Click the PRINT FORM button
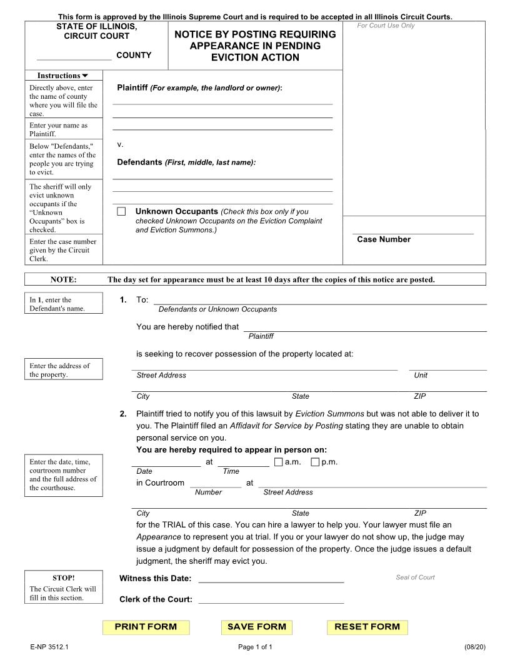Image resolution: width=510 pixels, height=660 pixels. point(146,627)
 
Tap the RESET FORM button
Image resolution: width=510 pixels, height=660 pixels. point(367,627)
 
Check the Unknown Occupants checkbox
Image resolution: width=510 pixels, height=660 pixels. point(121,212)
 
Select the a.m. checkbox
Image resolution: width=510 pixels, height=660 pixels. point(278,462)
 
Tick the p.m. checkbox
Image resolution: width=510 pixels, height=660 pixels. point(315,462)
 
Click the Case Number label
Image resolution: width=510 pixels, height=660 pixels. point(384,239)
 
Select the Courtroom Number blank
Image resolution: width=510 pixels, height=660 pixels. point(215,482)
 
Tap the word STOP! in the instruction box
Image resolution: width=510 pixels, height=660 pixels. point(63,577)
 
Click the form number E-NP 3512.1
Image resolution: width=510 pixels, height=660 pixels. point(48,647)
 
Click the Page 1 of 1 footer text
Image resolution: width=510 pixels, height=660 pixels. point(255,647)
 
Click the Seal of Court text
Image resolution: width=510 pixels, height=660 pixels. point(415,577)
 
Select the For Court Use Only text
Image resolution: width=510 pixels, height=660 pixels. point(386,26)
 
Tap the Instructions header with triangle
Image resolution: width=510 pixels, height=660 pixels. point(63,76)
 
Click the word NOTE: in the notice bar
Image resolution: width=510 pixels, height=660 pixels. point(63,279)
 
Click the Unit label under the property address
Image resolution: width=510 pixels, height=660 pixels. point(421,375)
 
